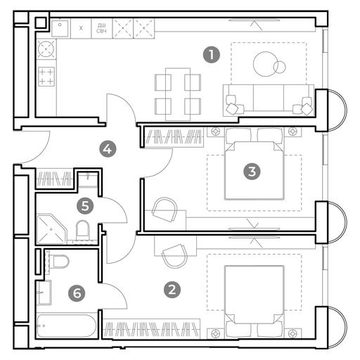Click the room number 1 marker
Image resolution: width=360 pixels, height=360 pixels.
pos(212,55)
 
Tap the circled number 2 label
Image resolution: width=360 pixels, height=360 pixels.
pos(172,290)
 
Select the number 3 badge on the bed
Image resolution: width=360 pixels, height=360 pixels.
pos(252,172)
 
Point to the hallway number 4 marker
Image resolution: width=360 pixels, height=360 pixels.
pos(108,148)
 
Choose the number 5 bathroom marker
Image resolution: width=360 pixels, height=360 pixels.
pos(85,206)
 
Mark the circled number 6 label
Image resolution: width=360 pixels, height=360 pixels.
pos(77,293)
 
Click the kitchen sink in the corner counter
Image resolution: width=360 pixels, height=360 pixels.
pos(60,29)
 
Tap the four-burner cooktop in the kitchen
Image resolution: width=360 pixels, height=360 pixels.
pos(46,77)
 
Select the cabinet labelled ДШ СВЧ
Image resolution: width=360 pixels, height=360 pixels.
pos(102,28)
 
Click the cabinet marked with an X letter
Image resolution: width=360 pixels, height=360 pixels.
pos(81,28)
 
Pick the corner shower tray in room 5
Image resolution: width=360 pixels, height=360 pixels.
pos(51,229)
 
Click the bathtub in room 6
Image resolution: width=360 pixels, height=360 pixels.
pos(67,326)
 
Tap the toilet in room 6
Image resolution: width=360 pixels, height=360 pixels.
pos(59,262)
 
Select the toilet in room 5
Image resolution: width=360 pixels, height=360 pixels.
pos(83,230)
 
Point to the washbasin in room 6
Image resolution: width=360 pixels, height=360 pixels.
pos(44,292)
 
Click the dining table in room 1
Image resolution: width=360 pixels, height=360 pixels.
pos(178,94)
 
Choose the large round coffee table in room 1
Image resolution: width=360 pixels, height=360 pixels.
pos(265,64)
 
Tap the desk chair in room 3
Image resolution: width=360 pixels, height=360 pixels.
pos(165,210)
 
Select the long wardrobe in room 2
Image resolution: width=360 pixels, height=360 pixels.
pos(151,328)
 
